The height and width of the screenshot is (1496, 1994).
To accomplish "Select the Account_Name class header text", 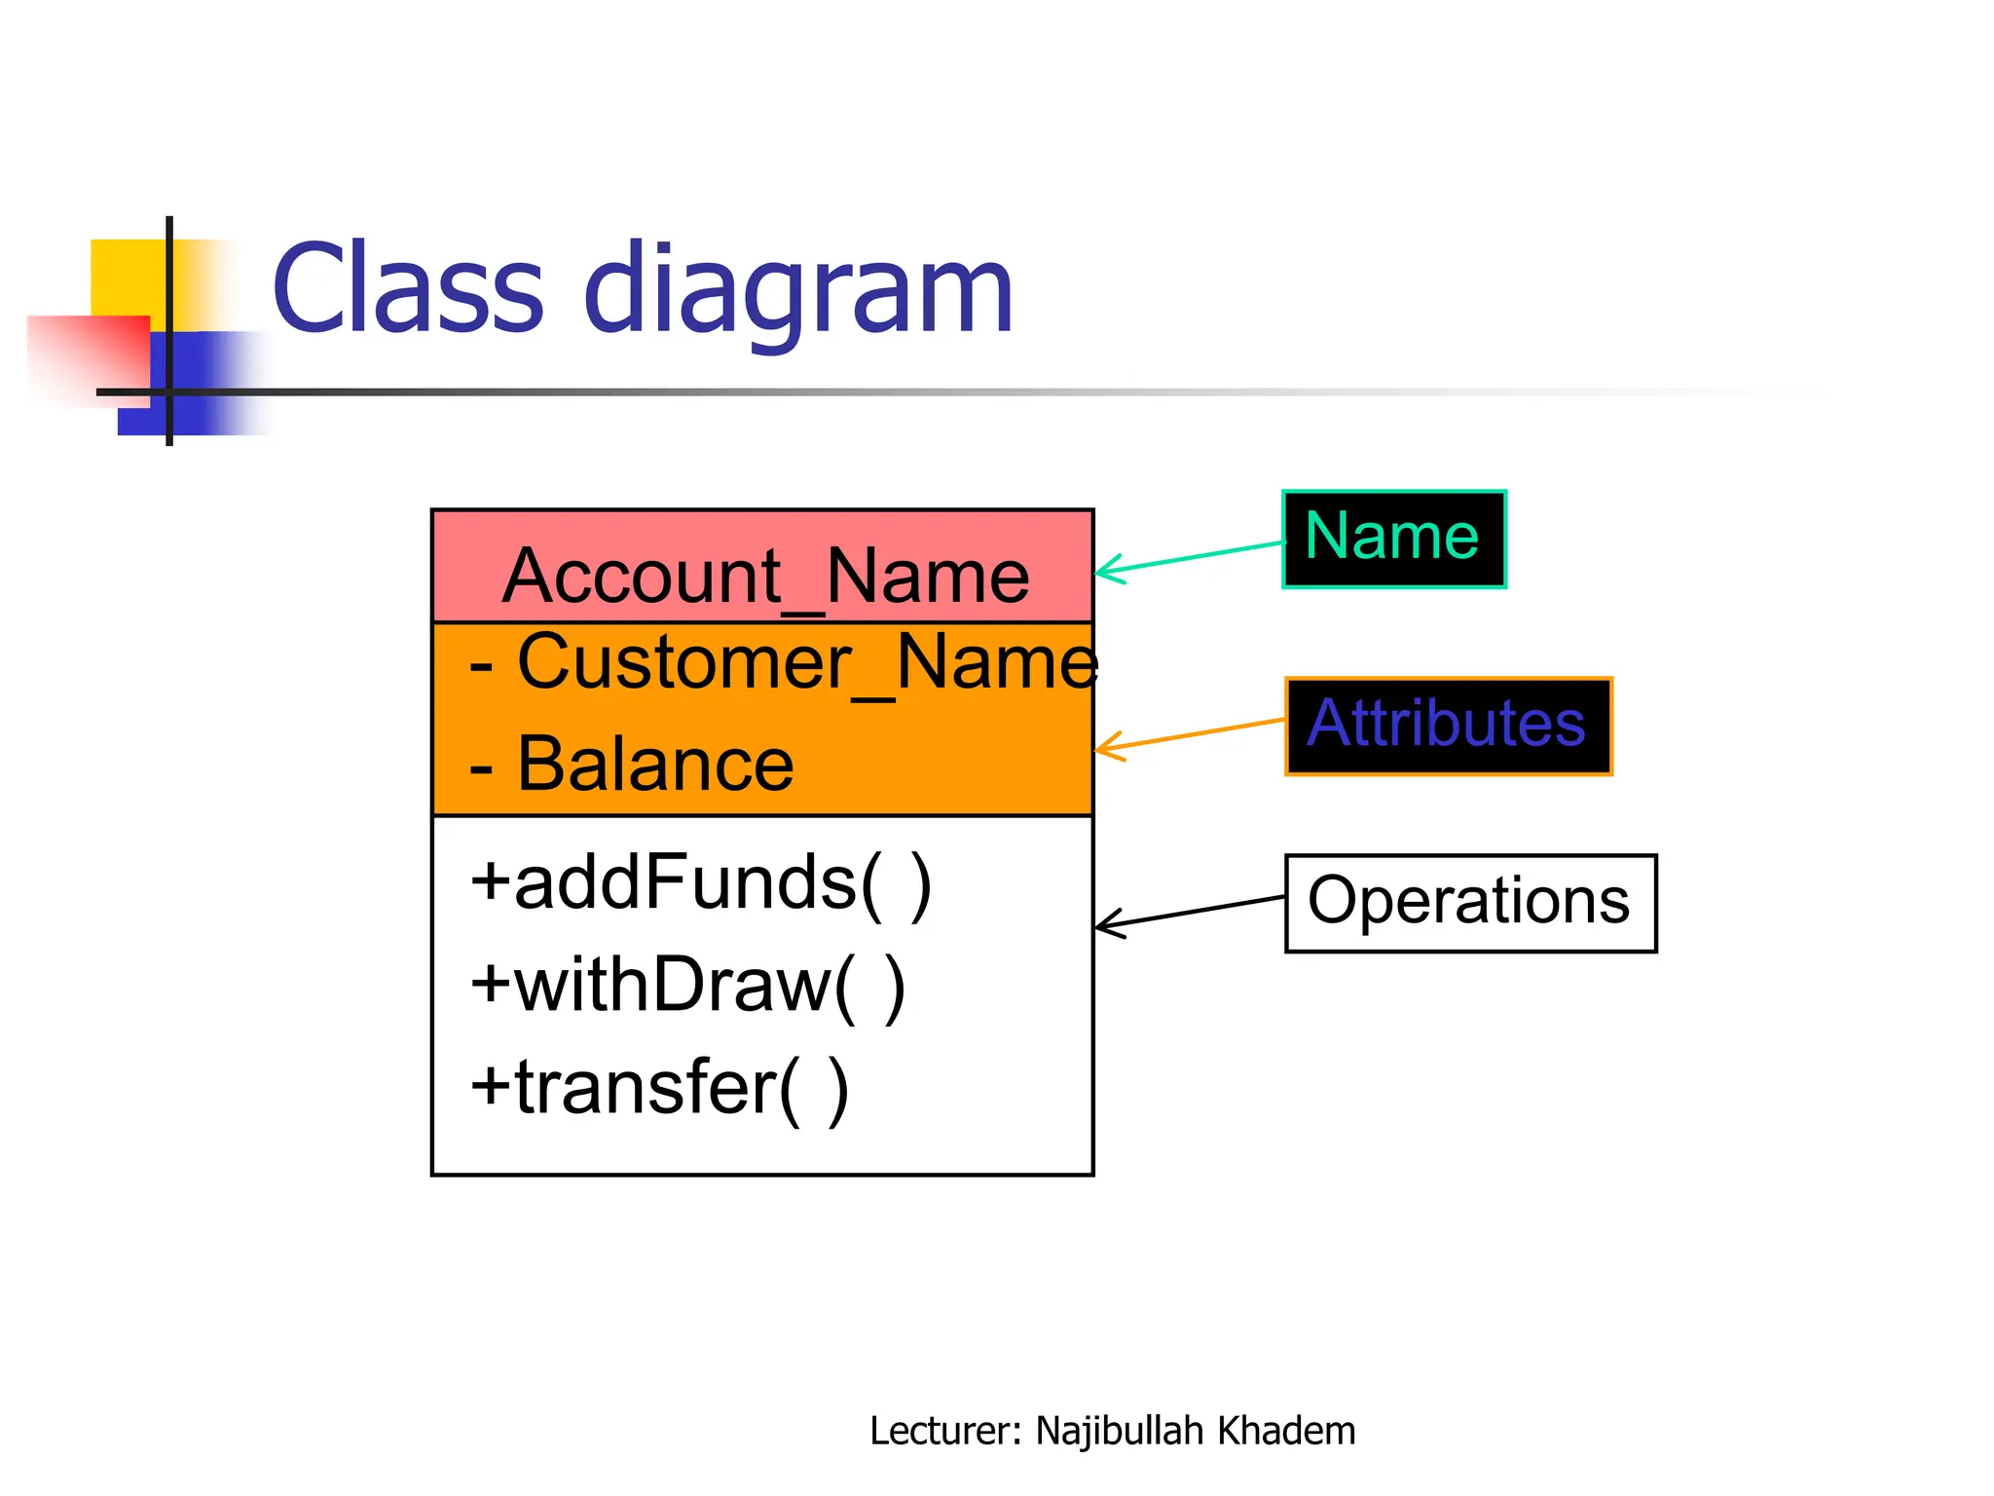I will pos(765,576).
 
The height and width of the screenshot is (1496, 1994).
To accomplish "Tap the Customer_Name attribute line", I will pos(784,662).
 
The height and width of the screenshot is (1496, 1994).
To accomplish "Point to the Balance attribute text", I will pos(654,765).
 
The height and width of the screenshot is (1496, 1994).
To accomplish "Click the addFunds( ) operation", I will pos(701,882).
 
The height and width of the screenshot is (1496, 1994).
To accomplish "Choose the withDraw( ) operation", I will pos(687,985).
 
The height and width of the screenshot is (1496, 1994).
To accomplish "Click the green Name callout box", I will pos(1393,539).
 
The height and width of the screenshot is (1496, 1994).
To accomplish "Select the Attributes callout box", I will pos(1448,726).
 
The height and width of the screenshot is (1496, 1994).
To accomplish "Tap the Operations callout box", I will pos(1469,902).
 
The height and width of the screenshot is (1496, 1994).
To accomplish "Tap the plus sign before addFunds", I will pos(490,882).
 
